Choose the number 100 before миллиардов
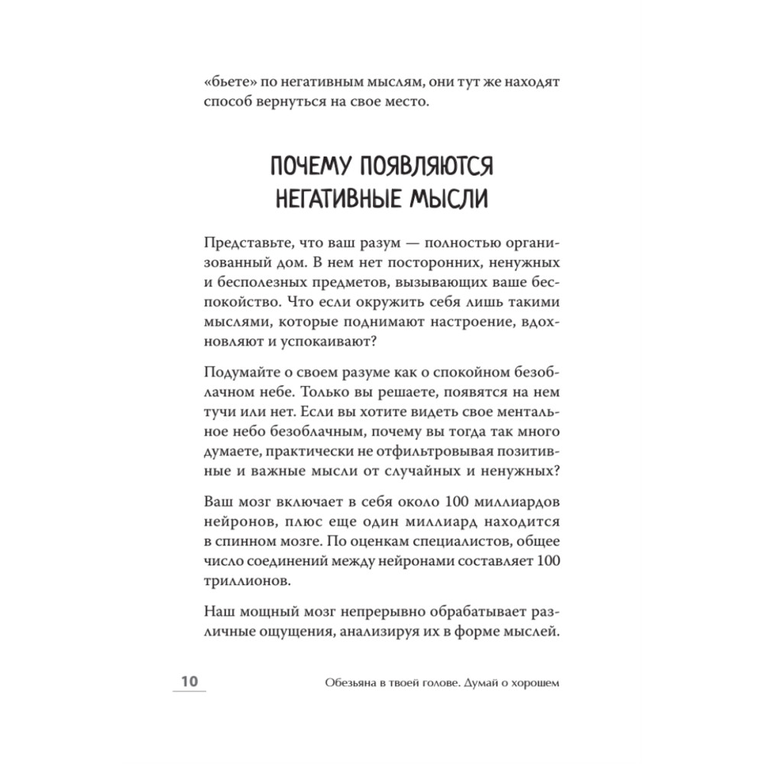pyautogui.click(x=438, y=503)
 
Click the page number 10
pyautogui.click(x=189, y=682)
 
